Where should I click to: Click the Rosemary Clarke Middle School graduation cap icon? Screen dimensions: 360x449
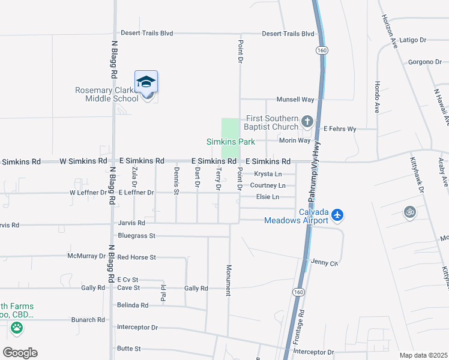[x=146, y=82]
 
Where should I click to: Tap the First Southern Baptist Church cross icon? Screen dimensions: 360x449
[x=307, y=122]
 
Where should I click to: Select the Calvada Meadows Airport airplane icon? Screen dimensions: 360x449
[x=337, y=214]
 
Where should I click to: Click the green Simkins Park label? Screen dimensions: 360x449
[x=231, y=142]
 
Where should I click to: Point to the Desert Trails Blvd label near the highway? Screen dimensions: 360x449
[x=288, y=34]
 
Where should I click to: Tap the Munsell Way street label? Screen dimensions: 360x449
[x=295, y=99]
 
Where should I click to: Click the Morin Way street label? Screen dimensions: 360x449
[x=295, y=140]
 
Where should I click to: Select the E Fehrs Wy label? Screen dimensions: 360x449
[x=340, y=128]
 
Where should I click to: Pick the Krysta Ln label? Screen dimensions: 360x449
[x=268, y=174]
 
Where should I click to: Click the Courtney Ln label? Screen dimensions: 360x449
[x=268, y=185]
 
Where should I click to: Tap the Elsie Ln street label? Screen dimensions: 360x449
[x=268, y=197]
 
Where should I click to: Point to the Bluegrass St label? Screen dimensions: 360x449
[x=137, y=236]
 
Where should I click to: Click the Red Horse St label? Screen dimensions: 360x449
[x=137, y=257]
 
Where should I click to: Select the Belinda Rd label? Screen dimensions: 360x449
[x=133, y=305]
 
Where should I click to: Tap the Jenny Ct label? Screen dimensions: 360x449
[x=325, y=262]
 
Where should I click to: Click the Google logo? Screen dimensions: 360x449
[x=20, y=352]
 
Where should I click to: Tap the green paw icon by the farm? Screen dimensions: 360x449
[x=16, y=328]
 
